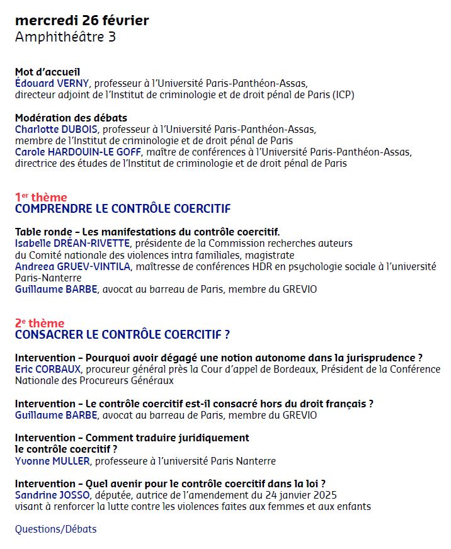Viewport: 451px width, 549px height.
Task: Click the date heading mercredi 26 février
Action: (82, 20)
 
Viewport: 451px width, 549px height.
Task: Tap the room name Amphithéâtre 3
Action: (66, 37)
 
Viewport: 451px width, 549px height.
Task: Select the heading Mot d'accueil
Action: (47, 72)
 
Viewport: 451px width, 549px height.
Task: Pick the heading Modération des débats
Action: (71, 118)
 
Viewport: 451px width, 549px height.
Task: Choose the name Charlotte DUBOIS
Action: (53, 129)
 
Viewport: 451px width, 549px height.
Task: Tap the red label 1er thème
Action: (41, 197)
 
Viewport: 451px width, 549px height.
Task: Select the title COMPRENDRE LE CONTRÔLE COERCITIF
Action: (123, 209)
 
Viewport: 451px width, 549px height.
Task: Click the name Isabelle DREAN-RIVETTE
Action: (72, 243)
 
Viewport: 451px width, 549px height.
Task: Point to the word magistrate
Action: (270, 255)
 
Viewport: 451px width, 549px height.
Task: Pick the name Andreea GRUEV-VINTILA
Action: (72, 266)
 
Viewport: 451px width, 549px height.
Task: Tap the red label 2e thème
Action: (40, 323)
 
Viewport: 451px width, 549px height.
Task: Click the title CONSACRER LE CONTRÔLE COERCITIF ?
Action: (122, 335)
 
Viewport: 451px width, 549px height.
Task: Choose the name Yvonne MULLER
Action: (52, 461)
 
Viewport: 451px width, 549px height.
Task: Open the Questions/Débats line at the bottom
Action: (56, 529)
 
